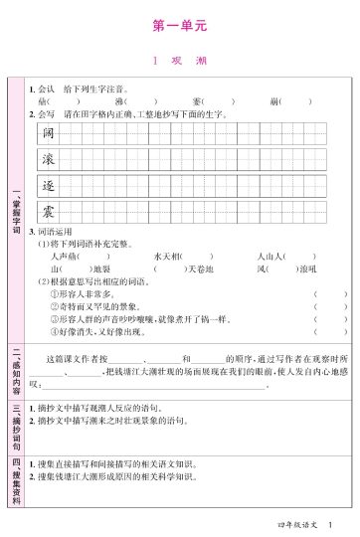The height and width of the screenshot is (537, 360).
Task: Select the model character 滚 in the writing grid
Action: pos(48,159)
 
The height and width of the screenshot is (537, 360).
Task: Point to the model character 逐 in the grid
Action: pos(48,185)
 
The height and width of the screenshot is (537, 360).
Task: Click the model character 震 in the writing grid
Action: pos(48,211)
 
